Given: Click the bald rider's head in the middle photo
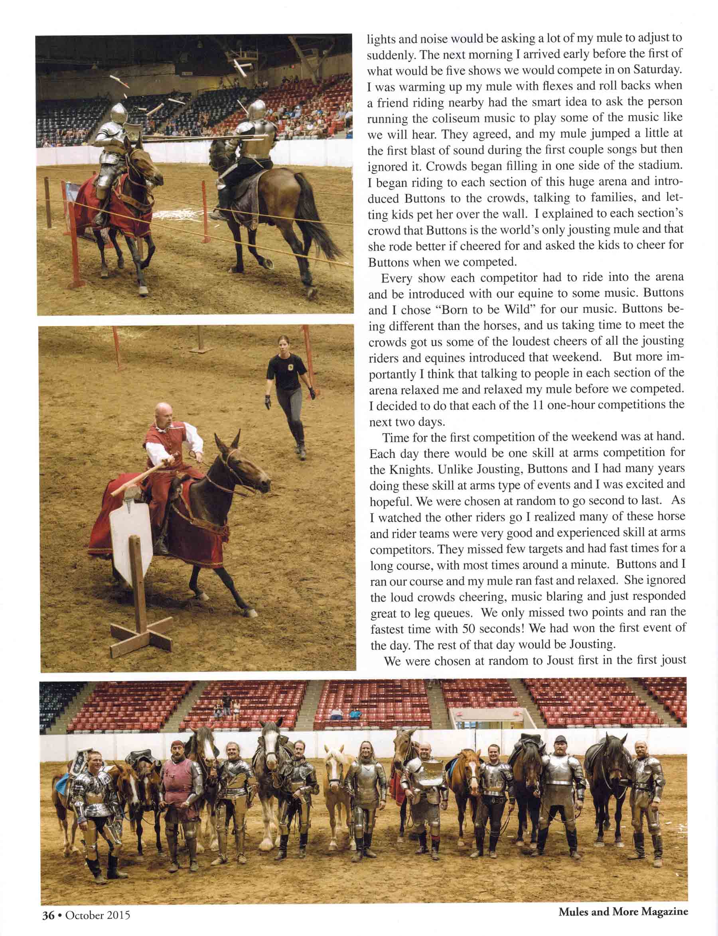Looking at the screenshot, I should click(x=163, y=414).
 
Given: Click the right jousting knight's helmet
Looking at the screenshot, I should click(x=256, y=110).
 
